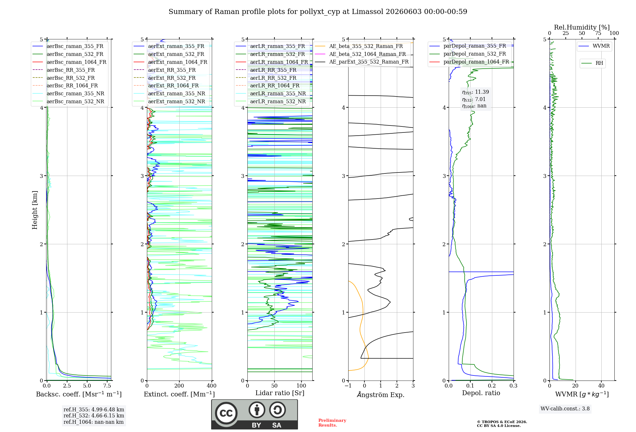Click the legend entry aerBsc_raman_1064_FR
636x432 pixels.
(x=69, y=62)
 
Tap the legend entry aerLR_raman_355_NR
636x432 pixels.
(x=271, y=93)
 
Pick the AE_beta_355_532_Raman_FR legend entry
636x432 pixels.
(x=359, y=46)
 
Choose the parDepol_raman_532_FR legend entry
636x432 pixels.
(x=467, y=54)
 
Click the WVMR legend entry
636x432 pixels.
(x=594, y=46)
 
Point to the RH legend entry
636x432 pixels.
(x=592, y=63)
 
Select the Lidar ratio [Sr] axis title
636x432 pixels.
(x=280, y=393)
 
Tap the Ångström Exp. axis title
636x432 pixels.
(x=381, y=395)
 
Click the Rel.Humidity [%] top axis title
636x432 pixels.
(x=582, y=27)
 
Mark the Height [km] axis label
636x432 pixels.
(x=35, y=210)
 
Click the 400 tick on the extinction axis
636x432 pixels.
(x=212, y=386)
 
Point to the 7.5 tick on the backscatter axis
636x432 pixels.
(x=107, y=386)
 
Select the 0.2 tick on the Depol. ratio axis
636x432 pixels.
(x=492, y=386)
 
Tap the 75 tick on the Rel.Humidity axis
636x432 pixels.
(x=598, y=33)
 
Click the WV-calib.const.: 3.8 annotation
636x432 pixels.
(x=565, y=409)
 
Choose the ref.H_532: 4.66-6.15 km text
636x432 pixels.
(x=94, y=416)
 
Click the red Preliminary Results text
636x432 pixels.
(x=332, y=423)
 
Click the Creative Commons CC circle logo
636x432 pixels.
(x=226, y=413)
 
